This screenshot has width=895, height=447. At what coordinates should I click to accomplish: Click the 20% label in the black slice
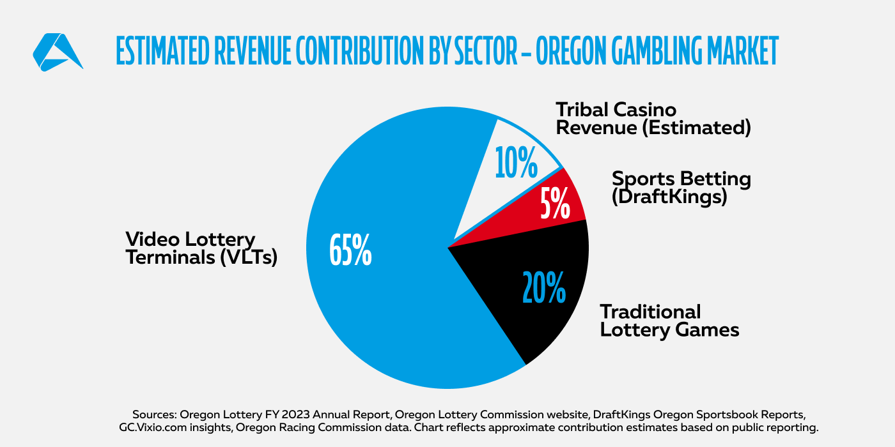click(x=543, y=287)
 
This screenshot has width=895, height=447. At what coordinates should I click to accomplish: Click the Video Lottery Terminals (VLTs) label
click(x=201, y=249)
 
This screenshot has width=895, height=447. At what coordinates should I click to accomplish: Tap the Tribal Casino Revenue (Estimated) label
click(x=653, y=118)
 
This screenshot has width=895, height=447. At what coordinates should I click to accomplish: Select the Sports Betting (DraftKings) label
click(x=681, y=187)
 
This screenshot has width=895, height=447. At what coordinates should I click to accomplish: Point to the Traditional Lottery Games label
click(x=669, y=321)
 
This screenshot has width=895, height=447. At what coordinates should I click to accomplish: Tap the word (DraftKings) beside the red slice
click(x=669, y=197)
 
